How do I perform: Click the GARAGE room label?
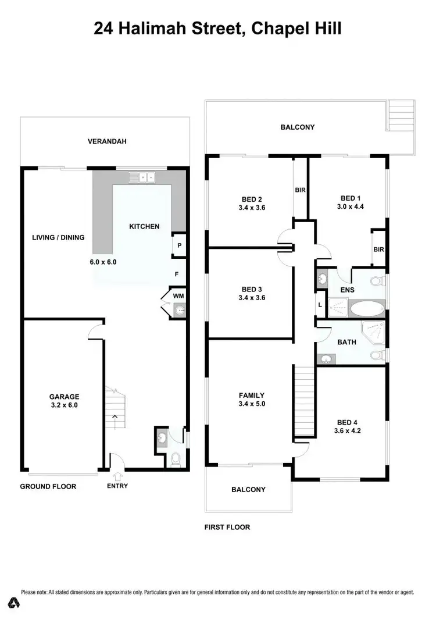64,397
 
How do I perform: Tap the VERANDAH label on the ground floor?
107,141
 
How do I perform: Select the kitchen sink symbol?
141,177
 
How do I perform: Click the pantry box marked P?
180,245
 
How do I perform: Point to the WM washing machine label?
178,296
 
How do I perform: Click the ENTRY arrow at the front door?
118,475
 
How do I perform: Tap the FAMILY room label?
251,395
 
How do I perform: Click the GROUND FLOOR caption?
48,486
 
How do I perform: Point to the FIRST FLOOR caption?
227,528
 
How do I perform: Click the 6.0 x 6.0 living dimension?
103,262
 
